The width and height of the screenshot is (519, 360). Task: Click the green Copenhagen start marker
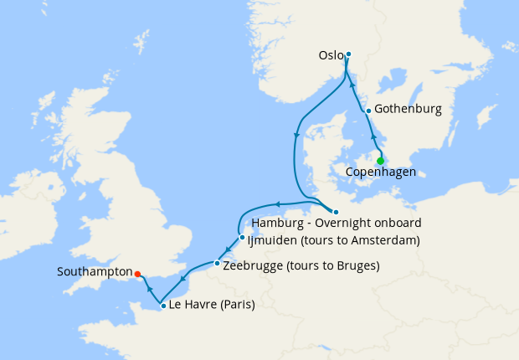(380, 161)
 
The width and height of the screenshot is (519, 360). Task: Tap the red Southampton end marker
(137, 272)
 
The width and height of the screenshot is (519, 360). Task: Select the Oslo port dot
(348, 54)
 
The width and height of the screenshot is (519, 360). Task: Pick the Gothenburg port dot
(368, 111)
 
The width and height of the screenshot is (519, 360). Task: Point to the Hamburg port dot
(336, 211)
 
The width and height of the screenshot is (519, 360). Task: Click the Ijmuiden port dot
(242, 237)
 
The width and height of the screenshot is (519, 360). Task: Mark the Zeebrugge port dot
(217, 264)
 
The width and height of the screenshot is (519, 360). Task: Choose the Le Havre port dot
(163, 306)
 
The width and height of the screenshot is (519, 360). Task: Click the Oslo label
(331, 56)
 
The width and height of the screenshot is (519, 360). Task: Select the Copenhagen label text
(381, 174)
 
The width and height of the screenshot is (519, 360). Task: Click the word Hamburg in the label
(275, 224)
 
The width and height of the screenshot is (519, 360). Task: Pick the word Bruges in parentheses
(355, 266)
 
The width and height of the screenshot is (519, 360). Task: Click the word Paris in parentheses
(234, 306)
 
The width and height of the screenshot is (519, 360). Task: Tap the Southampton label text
(95, 272)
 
